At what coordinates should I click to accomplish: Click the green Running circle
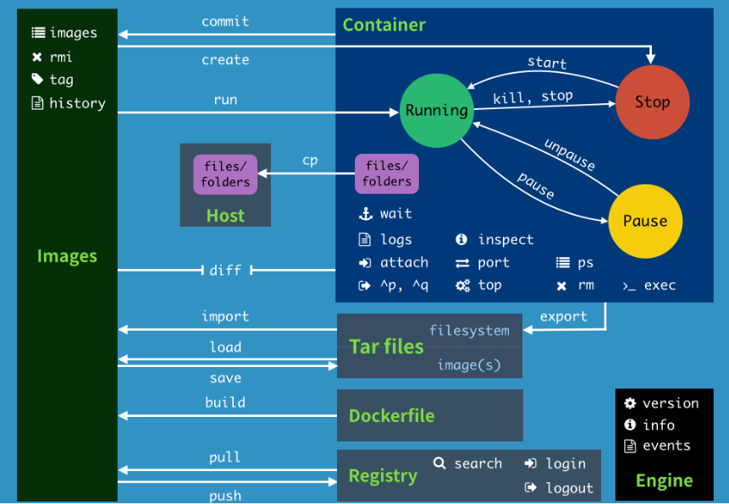tap(436, 110)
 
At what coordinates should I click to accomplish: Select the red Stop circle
tap(652, 102)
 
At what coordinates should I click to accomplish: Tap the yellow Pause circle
tap(645, 221)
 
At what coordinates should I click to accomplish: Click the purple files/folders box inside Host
tap(225, 174)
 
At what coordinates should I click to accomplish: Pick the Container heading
tap(384, 25)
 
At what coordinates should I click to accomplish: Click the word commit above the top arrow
tap(225, 21)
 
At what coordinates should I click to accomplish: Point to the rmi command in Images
tap(61, 57)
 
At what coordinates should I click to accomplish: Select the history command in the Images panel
tap(77, 103)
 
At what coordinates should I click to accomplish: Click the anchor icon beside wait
tap(366, 214)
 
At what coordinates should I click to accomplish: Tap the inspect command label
tap(505, 239)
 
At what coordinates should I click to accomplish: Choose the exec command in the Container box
tap(660, 285)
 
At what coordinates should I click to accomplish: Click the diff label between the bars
tap(225, 270)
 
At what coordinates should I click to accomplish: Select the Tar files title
tap(386, 347)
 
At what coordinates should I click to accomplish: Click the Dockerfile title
tap(391, 416)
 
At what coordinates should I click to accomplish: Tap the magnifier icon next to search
tap(439, 463)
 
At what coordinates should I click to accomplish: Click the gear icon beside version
tap(630, 403)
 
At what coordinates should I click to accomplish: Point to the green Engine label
tap(664, 480)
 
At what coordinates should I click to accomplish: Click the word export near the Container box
tap(563, 316)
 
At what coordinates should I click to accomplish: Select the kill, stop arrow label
tap(533, 96)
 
